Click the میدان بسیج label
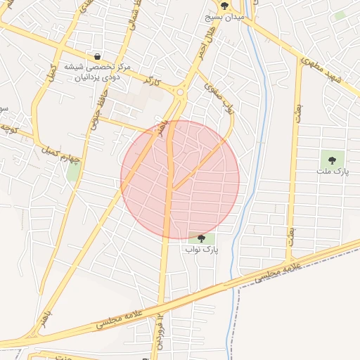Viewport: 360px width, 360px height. [x=224, y=15]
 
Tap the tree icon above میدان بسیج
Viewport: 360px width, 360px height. [x=224, y=5]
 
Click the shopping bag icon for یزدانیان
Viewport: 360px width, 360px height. [x=97, y=56]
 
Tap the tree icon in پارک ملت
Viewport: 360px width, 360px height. [x=332, y=160]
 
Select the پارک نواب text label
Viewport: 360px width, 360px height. [x=202, y=249]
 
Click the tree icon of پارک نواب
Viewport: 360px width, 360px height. [x=202, y=238]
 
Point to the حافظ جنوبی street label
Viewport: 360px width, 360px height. [x=94, y=113]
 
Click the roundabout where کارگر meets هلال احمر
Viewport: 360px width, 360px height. [x=181, y=92]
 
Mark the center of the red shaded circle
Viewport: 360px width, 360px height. [x=180, y=180]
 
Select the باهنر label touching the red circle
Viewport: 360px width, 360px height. [x=164, y=127]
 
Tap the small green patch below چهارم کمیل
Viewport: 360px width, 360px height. [x=73, y=170]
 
